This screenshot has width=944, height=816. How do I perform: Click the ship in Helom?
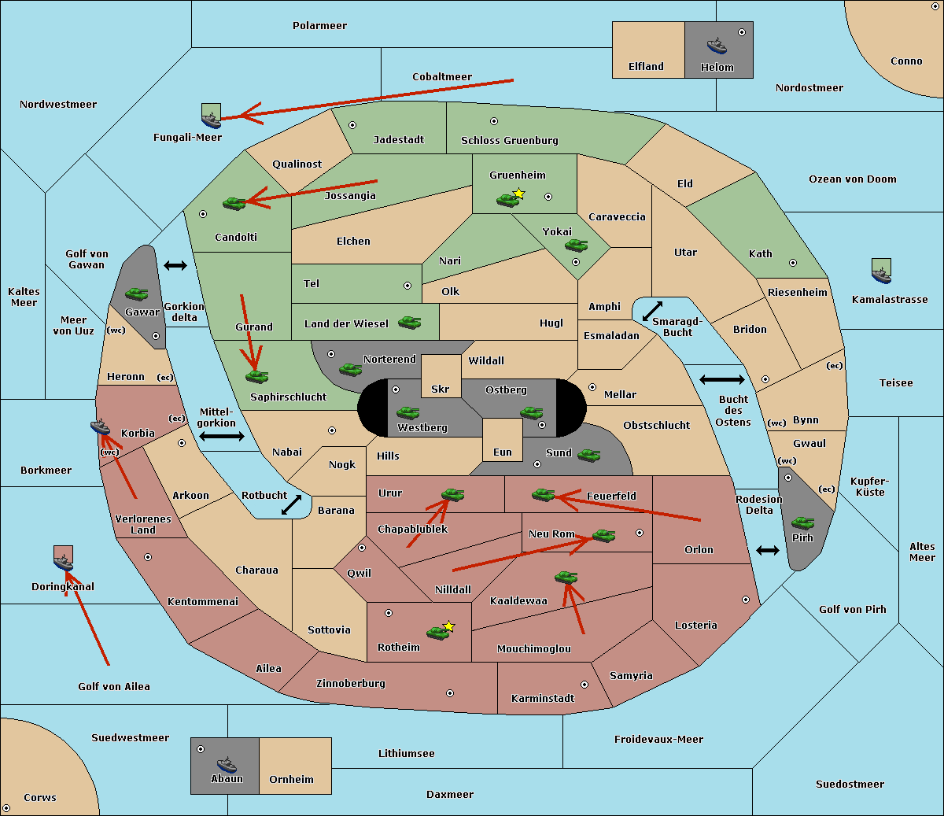point(717,46)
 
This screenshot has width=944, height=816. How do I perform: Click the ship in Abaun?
point(227,765)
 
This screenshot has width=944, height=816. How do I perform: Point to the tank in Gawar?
point(137,294)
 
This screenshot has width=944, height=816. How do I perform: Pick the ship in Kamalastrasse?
point(881,275)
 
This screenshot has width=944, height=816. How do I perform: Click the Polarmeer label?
point(319,26)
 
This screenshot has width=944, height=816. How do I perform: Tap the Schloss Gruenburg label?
point(510,140)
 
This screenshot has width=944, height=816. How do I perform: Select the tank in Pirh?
point(802,522)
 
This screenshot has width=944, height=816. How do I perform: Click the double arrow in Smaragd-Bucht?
point(652,311)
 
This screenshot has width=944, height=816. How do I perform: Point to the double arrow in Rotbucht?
point(291,505)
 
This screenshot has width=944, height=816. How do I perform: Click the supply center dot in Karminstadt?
point(584,685)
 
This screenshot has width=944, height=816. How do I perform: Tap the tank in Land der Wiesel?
point(409,323)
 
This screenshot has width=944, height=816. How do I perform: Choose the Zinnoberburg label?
point(351,684)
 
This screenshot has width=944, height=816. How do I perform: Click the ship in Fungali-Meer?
point(211,120)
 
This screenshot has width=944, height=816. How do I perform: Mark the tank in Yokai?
point(576,246)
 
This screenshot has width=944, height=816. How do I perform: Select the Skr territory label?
point(441,389)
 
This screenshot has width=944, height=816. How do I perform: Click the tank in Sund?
point(588,456)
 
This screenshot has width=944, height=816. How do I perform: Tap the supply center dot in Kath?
point(793,263)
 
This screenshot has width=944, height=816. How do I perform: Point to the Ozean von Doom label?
point(853,179)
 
